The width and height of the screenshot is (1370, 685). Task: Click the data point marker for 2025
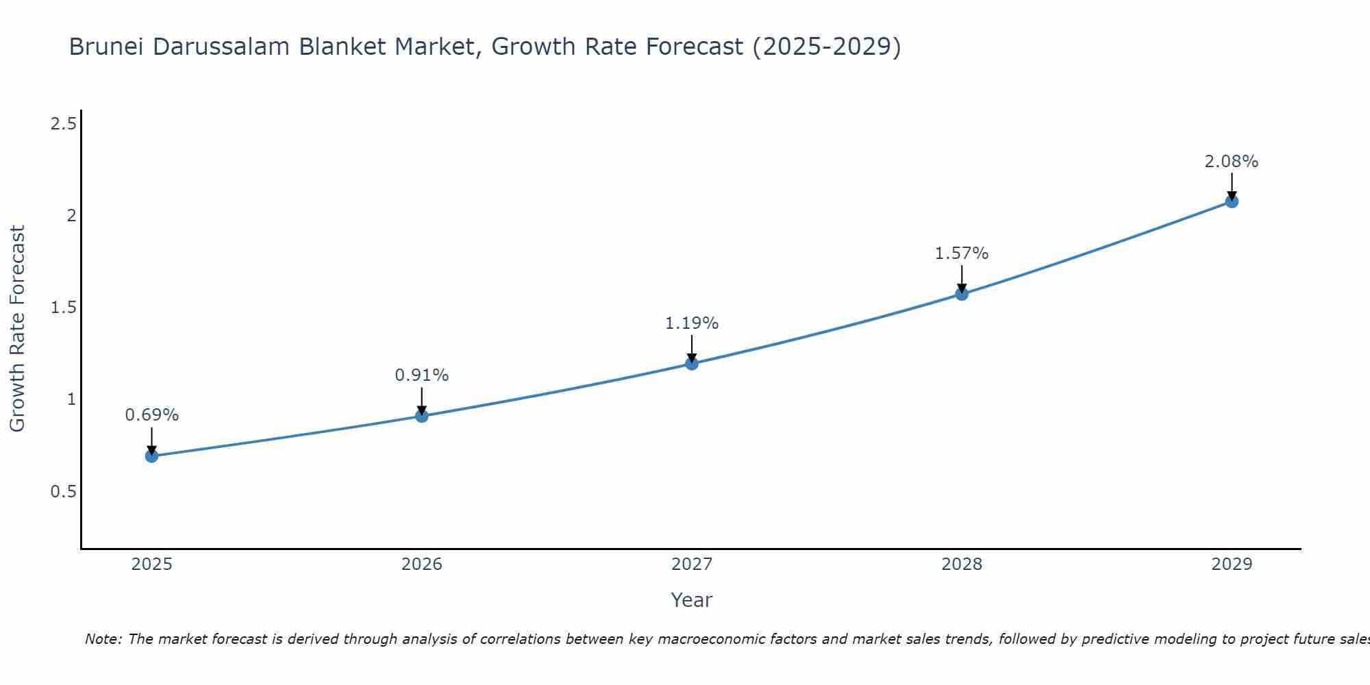tap(151, 456)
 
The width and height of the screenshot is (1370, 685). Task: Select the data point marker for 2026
tap(422, 416)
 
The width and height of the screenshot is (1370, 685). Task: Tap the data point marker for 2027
tap(692, 364)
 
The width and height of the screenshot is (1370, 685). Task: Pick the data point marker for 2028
tap(962, 294)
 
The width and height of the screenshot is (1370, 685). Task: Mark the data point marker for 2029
tap(1232, 201)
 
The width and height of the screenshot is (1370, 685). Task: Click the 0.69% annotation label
tap(151, 415)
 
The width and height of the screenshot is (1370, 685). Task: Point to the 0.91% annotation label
tap(422, 375)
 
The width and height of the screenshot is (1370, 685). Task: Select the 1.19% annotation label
tap(692, 323)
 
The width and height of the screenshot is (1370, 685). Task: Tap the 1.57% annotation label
tap(962, 253)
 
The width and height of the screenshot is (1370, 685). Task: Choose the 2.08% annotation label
tap(1232, 162)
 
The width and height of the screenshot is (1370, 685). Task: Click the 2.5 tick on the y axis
tap(63, 124)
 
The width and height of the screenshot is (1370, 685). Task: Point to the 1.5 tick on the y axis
tap(63, 308)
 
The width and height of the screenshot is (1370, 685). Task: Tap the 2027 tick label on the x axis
tap(692, 564)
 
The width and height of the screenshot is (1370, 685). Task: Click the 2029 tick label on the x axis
tap(1232, 564)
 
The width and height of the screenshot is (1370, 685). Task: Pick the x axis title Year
tap(692, 600)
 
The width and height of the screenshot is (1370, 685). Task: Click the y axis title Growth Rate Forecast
tap(18, 329)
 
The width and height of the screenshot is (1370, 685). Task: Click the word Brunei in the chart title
tap(107, 47)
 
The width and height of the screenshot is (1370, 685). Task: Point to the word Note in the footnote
tap(102, 639)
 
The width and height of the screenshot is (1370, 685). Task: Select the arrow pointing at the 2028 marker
tap(962, 279)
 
